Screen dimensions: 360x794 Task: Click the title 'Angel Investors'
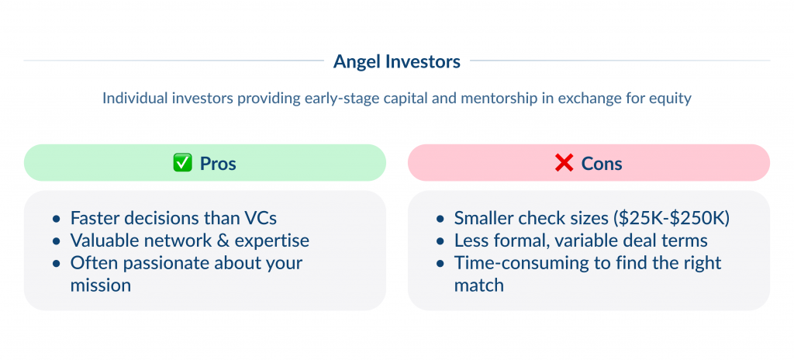click(396, 61)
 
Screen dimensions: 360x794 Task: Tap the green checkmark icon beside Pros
click(181, 164)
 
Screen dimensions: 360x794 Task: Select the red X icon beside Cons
click(564, 164)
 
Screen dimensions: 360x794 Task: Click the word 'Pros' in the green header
click(218, 164)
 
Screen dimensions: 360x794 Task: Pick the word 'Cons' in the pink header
click(602, 164)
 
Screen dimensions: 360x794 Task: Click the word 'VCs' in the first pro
click(261, 218)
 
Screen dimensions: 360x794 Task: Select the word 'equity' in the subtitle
click(670, 99)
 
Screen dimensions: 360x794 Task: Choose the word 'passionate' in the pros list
click(157, 263)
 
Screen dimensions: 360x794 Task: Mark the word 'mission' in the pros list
click(101, 286)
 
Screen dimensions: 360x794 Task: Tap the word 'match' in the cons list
click(479, 286)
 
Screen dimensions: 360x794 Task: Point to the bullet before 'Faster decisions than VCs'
click(57, 219)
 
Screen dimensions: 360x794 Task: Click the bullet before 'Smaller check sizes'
click(440, 219)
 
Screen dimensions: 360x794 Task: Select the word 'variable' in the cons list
click(589, 241)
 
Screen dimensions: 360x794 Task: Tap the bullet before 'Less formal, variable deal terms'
click(440, 241)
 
